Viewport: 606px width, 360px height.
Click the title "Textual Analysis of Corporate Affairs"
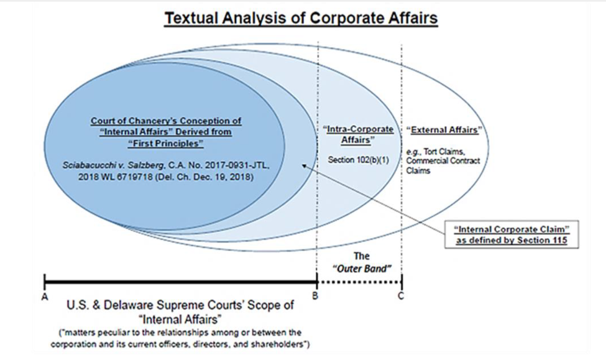[x=301, y=18]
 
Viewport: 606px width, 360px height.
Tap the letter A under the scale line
[x=45, y=297]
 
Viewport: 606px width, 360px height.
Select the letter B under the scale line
[x=315, y=296]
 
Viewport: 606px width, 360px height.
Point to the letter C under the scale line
[x=401, y=296]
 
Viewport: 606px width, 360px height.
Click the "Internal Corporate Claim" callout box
[x=512, y=235]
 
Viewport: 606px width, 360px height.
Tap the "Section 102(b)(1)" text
[x=358, y=160]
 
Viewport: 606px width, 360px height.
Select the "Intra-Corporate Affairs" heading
[x=358, y=134]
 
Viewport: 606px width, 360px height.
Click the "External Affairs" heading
[x=444, y=130]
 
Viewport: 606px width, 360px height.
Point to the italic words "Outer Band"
[x=362, y=269]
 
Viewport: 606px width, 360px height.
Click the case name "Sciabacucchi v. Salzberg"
[x=113, y=165]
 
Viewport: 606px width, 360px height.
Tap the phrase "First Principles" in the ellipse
[x=166, y=144]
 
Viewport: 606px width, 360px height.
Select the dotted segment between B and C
[x=359, y=282]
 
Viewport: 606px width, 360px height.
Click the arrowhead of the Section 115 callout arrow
[x=305, y=166]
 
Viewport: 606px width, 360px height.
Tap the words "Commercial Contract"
[x=443, y=161]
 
